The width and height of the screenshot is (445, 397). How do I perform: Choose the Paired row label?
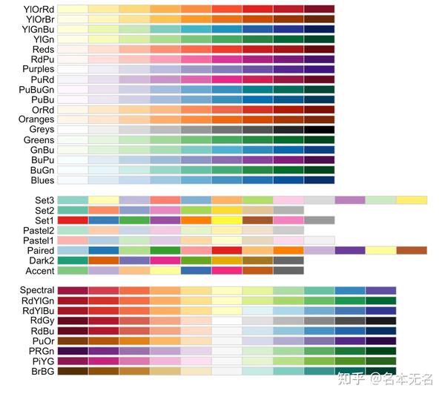coord(39,250)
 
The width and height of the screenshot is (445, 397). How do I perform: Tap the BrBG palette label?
coord(40,370)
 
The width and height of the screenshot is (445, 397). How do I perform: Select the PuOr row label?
coord(42,341)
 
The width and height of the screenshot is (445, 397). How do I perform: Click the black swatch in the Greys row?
coord(318,129)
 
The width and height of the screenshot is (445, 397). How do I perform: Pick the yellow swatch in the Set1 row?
coord(226,220)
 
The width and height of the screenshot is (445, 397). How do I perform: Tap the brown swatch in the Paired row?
coord(411,250)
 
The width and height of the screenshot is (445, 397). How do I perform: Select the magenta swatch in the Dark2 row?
coord(165,260)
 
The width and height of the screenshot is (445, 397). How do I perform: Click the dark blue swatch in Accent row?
coord(195,270)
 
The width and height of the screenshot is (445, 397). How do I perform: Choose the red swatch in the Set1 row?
coord(72,220)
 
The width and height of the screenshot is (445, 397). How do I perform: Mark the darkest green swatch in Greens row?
coord(318,140)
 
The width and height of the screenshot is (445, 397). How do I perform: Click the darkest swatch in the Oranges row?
coord(318,119)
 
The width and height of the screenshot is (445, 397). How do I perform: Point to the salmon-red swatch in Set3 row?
coord(165,200)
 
